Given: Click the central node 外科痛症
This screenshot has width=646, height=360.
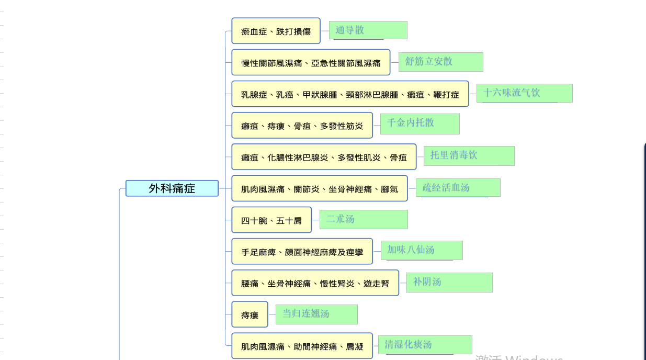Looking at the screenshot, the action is tap(172, 188).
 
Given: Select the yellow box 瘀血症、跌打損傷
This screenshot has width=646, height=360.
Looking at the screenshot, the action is tap(276, 31).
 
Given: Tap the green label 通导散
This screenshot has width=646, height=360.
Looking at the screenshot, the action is tap(368, 30).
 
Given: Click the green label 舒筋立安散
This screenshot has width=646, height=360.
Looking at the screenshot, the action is tap(441, 62).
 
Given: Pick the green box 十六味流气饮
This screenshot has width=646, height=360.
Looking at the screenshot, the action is tap(525, 93).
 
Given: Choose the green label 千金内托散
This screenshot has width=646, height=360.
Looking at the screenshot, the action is tap(420, 123).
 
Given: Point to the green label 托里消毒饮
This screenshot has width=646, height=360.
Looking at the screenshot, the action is tap(469, 156).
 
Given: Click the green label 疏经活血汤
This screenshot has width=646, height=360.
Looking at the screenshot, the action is tap(458, 188).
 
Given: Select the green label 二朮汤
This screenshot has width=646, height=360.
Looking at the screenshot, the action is tap(364, 220).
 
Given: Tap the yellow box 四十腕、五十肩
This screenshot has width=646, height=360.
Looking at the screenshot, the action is tap(271, 220).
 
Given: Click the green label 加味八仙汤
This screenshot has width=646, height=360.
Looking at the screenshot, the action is tap(422, 251).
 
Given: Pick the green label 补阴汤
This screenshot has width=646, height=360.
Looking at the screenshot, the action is tap(450, 283).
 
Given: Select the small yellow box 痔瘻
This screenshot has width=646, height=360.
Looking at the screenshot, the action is tap(250, 314).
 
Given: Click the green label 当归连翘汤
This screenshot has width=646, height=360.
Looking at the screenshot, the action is tap(316, 314).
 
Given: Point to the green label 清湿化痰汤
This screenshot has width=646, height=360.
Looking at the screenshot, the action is tap(425, 345).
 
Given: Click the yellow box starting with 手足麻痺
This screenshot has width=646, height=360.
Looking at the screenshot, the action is tap(302, 251).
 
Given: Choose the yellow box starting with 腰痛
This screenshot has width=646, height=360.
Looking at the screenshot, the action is tap(315, 283).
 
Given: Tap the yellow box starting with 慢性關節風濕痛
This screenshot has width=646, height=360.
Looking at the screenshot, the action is tap(311, 62).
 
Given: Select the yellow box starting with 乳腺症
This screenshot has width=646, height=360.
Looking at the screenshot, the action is tap(350, 94).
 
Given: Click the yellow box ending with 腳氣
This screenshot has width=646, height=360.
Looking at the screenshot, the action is tap(320, 188).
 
